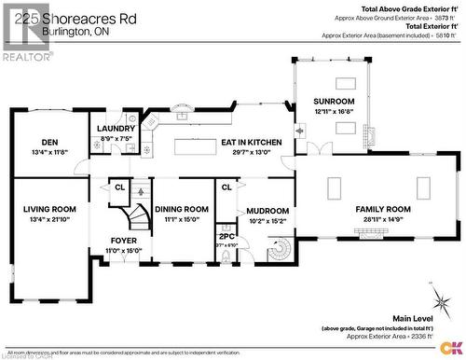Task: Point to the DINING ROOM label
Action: (x=181, y=209)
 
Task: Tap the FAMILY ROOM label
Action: (x=383, y=209)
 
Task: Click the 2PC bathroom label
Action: (x=226, y=236)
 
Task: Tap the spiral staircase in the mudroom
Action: (x=279, y=252)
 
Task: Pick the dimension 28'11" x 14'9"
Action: (x=383, y=219)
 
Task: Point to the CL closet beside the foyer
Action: (x=120, y=187)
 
